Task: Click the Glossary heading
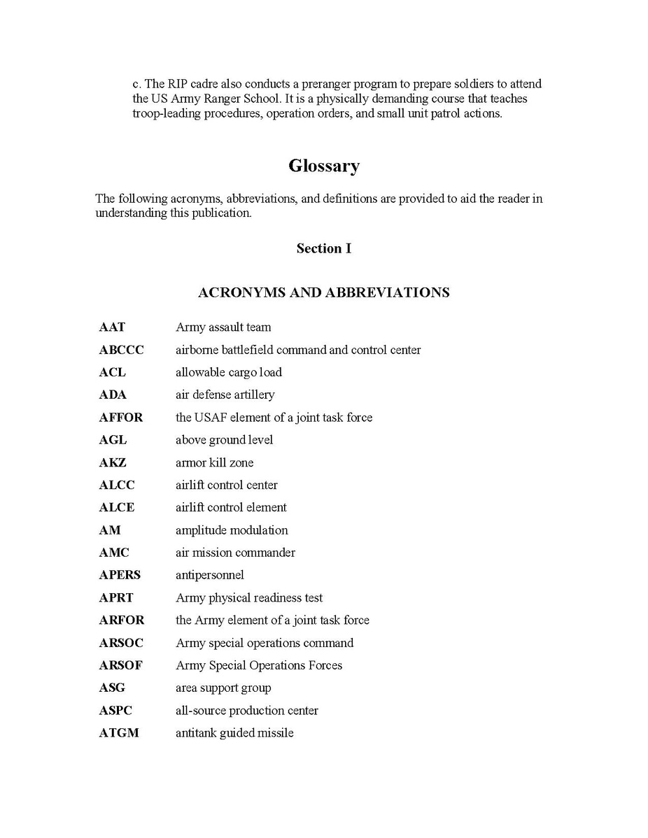pyautogui.click(x=324, y=166)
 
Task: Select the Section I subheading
pyautogui.click(x=324, y=248)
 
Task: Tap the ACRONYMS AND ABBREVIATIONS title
pyautogui.click(x=324, y=292)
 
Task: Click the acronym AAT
pyautogui.click(x=112, y=327)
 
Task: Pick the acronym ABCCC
pyautogui.click(x=121, y=350)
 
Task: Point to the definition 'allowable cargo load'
pyautogui.click(x=229, y=372)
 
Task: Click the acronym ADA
pyautogui.click(x=113, y=395)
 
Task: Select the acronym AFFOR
pyautogui.click(x=120, y=418)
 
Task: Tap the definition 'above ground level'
pyautogui.click(x=224, y=440)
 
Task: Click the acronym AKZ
pyautogui.click(x=113, y=462)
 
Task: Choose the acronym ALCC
pyautogui.click(x=117, y=485)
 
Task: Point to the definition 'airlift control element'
pyautogui.click(x=231, y=507)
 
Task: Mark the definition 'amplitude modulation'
pyautogui.click(x=232, y=530)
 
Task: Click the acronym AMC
pyautogui.click(x=114, y=553)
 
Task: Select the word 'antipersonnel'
pyautogui.click(x=210, y=575)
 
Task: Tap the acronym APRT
pyautogui.click(x=116, y=598)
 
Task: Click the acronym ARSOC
pyautogui.click(x=121, y=643)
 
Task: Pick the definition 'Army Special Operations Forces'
pyautogui.click(x=259, y=665)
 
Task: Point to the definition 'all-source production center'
pyautogui.click(x=247, y=711)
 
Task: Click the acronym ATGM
pyautogui.click(x=119, y=733)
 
